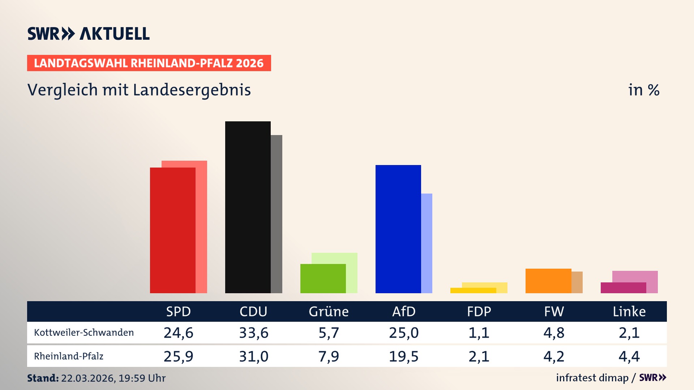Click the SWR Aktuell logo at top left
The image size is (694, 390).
point(88,34)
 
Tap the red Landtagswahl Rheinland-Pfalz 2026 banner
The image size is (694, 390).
point(149,63)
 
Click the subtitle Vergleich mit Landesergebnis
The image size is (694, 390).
point(139,90)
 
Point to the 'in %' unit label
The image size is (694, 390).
point(643,90)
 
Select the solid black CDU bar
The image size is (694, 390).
point(248,207)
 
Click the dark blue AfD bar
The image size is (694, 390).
point(398,229)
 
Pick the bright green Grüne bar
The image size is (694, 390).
point(323,278)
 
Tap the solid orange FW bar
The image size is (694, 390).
point(548,281)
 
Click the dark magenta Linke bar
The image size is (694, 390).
point(623,288)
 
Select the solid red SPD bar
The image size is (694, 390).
point(172,230)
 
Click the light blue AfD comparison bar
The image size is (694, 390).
point(427,243)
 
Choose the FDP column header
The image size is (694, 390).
point(479,311)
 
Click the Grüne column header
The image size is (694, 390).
point(329,311)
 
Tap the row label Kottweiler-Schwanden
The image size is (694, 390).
point(84,333)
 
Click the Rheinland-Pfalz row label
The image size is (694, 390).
point(69,356)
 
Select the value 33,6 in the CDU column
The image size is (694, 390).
point(253,333)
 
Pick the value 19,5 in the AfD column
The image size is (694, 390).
point(403,356)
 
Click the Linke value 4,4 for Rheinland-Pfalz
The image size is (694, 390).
point(629,356)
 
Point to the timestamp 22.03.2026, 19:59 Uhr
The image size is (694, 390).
point(113,378)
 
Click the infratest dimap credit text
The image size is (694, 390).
point(592,378)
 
